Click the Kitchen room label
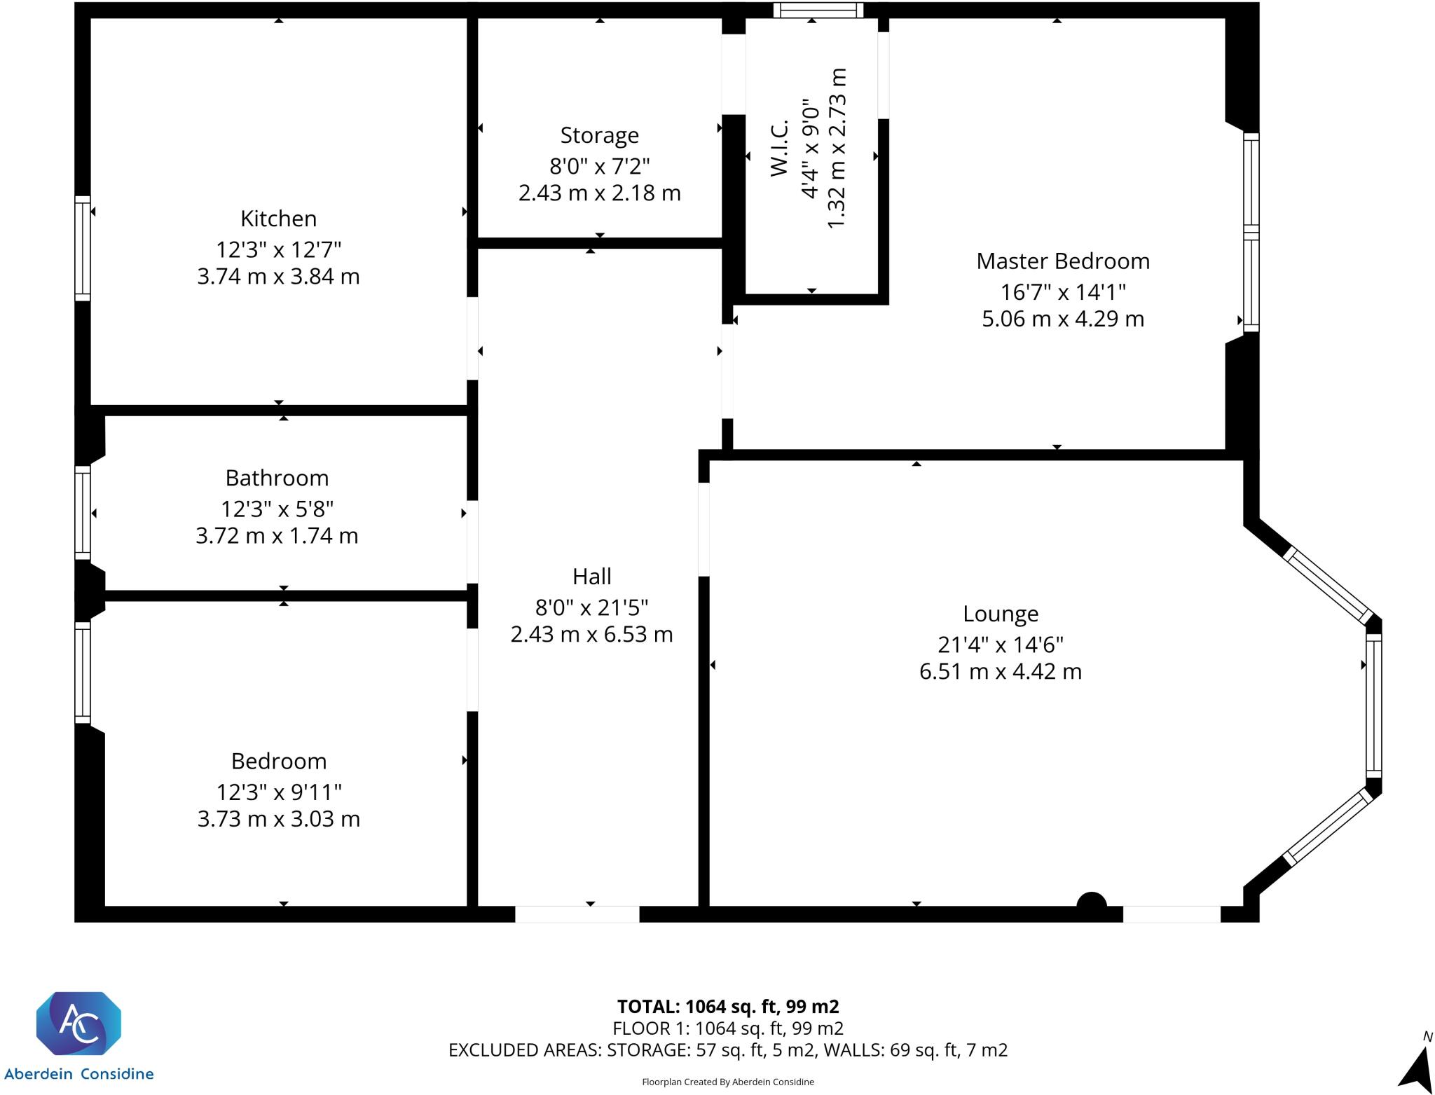(x=278, y=219)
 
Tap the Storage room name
(x=599, y=135)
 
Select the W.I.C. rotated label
(x=779, y=148)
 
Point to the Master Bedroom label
(x=1062, y=261)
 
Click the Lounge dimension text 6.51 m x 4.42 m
(x=1000, y=671)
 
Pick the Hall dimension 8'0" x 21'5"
(x=591, y=607)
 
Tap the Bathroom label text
(x=277, y=478)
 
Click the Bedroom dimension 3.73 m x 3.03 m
(x=278, y=818)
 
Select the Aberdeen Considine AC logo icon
(x=78, y=1023)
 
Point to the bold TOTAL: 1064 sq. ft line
(x=727, y=1006)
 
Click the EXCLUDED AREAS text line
(x=727, y=1049)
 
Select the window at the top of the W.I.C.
(x=818, y=10)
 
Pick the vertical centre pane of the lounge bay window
(x=1373, y=705)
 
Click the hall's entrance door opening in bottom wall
(x=577, y=914)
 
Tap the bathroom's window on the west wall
(x=83, y=513)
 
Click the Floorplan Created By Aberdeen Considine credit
(x=727, y=1082)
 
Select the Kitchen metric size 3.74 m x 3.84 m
(x=278, y=276)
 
